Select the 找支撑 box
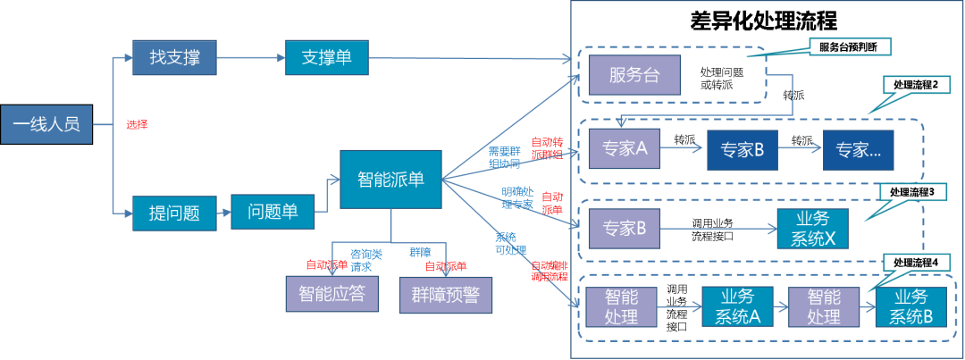point(174,59)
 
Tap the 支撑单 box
point(326,59)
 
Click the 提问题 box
point(174,213)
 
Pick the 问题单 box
point(273,213)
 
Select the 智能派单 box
point(390,180)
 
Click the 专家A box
point(624,149)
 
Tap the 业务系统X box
point(812,230)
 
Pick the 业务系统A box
point(737,307)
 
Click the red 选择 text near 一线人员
point(137,125)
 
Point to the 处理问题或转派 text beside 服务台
point(722,77)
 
